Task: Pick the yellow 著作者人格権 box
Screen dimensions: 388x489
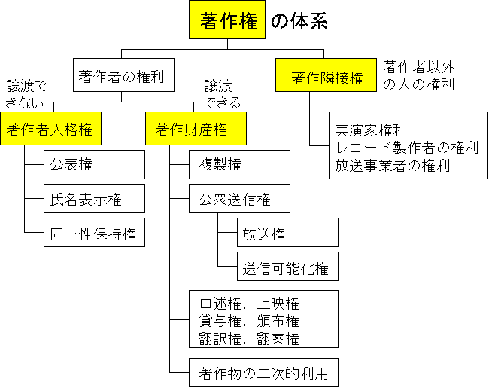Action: (x=49, y=130)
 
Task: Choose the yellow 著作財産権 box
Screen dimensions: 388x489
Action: (x=190, y=130)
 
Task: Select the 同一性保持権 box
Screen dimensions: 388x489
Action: (x=94, y=234)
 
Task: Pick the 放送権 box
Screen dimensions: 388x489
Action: (x=287, y=234)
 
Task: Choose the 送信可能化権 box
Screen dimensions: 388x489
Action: (x=287, y=267)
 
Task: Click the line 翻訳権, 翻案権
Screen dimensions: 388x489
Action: (x=249, y=338)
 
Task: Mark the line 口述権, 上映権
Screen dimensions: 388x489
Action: (x=249, y=304)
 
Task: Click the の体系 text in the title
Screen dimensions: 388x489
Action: (x=299, y=22)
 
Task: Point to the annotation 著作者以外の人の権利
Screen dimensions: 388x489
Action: (x=418, y=75)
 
